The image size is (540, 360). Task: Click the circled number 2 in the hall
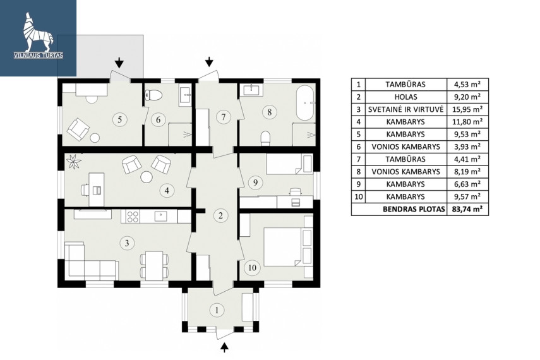pyautogui.click(x=221, y=215)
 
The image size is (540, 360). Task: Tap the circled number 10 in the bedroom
pyautogui.click(x=252, y=267)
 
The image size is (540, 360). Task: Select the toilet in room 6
pyautogui.click(x=153, y=95)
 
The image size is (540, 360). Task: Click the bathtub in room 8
pyautogui.click(x=305, y=103)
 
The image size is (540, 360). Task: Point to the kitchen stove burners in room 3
pyautogui.click(x=133, y=217)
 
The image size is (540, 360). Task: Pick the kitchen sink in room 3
pyautogui.click(x=161, y=216)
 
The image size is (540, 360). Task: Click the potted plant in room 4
pyautogui.click(x=73, y=162)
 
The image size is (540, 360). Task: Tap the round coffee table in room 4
pyautogui.click(x=147, y=177)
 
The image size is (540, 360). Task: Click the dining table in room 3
pyautogui.click(x=154, y=266)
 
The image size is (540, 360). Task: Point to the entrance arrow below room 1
pyautogui.click(x=224, y=347)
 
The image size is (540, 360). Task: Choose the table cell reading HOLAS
pyautogui.click(x=406, y=97)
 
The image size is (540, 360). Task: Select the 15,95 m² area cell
pyautogui.click(x=467, y=109)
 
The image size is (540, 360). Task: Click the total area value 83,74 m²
pyautogui.click(x=467, y=209)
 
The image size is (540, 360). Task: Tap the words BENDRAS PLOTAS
pyautogui.click(x=414, y=209)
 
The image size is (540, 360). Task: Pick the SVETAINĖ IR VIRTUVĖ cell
pyautogui.click(x=406, y=109)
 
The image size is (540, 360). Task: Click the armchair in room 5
pyautogui.click(x=78, y=129)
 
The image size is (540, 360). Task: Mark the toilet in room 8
pyautogui.click(x=265, y=138)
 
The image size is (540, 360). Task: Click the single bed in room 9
pyautogui.click(x=290, y=163)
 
